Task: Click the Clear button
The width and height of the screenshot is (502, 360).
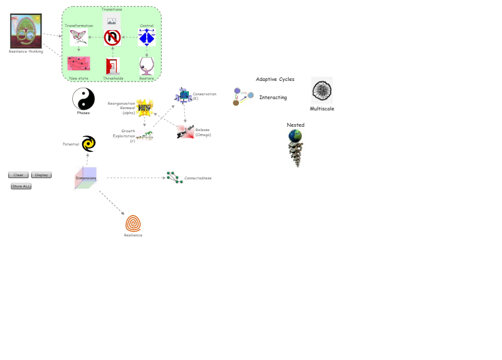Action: [18, 175]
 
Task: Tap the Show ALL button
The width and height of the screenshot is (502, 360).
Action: [21, 186]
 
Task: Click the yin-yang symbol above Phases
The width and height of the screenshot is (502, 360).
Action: [83, 98]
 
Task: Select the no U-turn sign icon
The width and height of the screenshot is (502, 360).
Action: [112, 38]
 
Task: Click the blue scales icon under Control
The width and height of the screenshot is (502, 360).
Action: [147, 38]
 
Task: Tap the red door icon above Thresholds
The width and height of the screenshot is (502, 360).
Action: [113, 66]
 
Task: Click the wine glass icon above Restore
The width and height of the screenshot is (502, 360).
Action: [147, 66]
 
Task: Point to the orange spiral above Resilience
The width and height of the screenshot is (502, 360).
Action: [133, 223]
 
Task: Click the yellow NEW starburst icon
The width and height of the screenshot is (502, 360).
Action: [145, 107]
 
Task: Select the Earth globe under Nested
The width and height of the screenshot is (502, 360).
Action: [295, 136]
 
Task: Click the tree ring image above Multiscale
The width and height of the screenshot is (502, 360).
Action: [322, 91]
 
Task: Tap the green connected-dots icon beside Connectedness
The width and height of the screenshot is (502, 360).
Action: [174, 177]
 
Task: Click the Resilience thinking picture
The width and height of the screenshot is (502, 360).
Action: [26, 31]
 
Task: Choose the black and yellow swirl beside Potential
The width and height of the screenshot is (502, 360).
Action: [88, 144]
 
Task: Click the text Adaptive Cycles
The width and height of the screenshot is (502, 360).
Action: [275, 80]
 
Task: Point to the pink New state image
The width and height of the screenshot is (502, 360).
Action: [78, 64]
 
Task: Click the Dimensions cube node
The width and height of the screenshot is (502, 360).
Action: [86, 177]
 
